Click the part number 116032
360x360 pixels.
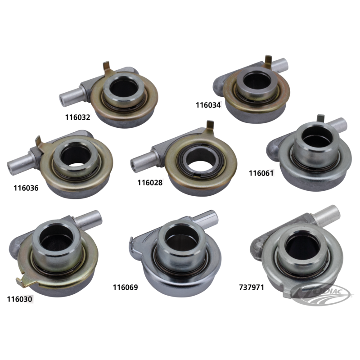(77, 117)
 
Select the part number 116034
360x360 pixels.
(208, 105)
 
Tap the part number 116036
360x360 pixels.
(26, 188)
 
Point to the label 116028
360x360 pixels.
(150, 183)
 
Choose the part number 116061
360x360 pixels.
(261, 173)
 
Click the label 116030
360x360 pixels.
(19, 299)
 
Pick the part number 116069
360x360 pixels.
(126, 288)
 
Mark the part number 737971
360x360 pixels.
(252, 288)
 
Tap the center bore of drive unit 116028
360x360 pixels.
(200, 161)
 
